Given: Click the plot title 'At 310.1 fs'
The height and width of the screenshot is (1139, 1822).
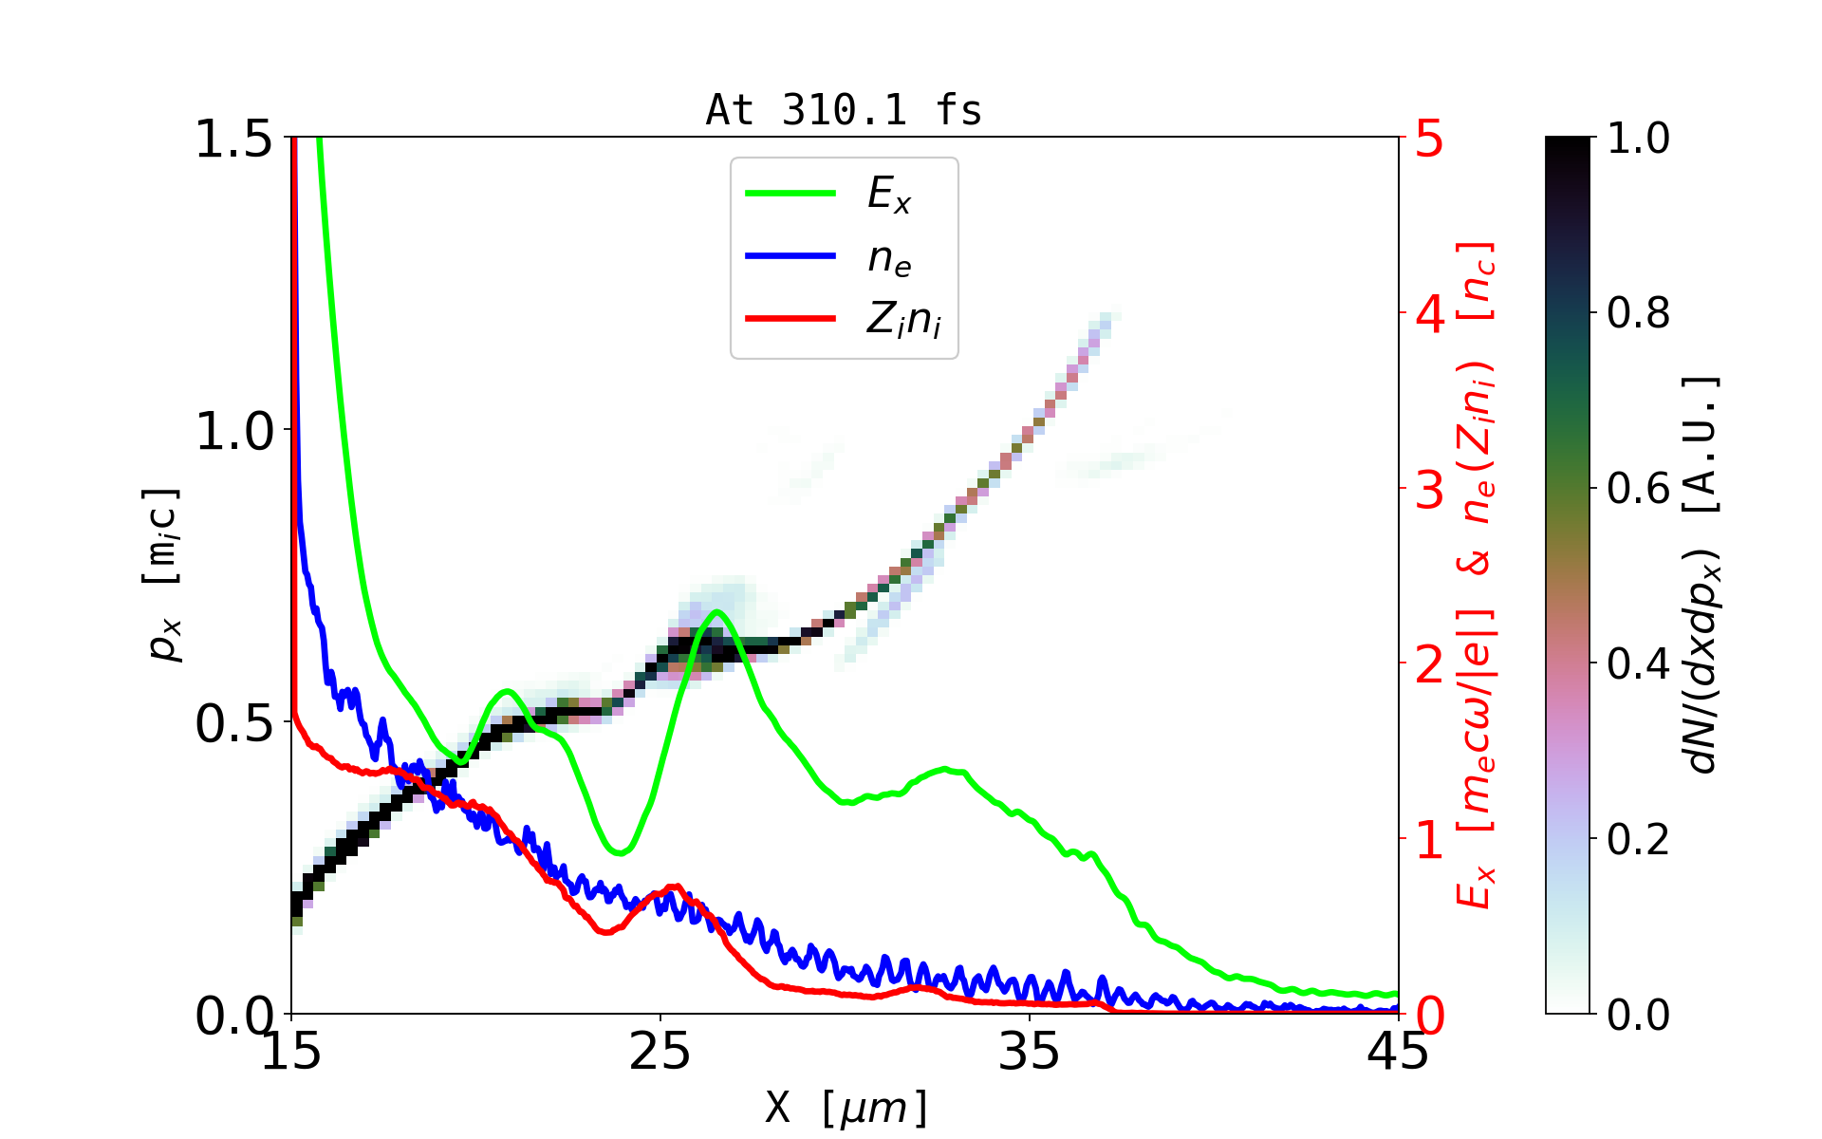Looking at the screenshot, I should click(x=844, y=110).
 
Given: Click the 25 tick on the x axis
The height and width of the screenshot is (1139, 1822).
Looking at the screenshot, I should click(x=660, y=1052).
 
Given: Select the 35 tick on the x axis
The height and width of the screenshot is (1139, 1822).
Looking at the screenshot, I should click(x=1030, y=1052).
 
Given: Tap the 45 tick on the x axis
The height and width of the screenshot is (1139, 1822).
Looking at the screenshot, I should click(x=1398, y=1052).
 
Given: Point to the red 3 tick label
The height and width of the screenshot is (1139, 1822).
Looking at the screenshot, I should click(x=1430, y=490).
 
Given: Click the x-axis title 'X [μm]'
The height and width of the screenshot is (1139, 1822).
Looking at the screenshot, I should click(x=846, y=1107).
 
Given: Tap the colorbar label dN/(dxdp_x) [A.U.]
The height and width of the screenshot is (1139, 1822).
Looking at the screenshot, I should click(x=1703, y=575).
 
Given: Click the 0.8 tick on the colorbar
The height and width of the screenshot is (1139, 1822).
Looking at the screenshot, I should click(x=1638, y=313).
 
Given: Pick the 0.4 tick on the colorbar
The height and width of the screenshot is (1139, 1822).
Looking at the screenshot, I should click(x=1638, y=664).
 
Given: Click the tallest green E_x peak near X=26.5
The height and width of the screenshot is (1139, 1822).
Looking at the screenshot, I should click(x=716, y=611).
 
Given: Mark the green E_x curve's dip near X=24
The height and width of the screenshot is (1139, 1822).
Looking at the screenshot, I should click(x=620, y=852).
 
